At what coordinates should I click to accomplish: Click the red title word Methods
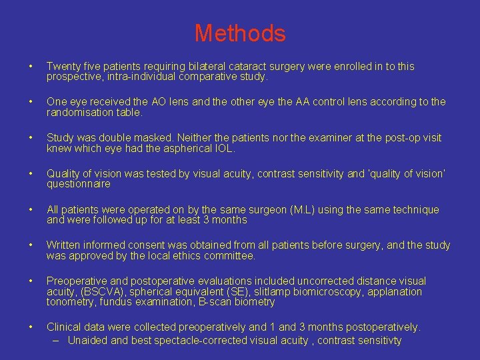[240, 33]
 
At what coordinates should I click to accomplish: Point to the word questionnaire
[78, 184]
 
